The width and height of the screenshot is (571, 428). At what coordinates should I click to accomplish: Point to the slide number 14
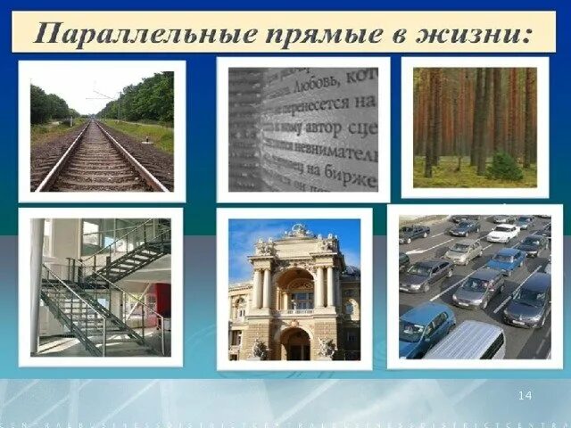(525, 395)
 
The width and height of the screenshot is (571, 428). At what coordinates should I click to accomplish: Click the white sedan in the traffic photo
(503, 233)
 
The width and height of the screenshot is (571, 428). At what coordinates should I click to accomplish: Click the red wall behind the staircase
(162, 300)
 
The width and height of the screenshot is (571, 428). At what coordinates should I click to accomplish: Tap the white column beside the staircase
(37, 285)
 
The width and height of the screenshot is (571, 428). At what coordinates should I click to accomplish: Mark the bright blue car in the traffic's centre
(506, 260)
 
